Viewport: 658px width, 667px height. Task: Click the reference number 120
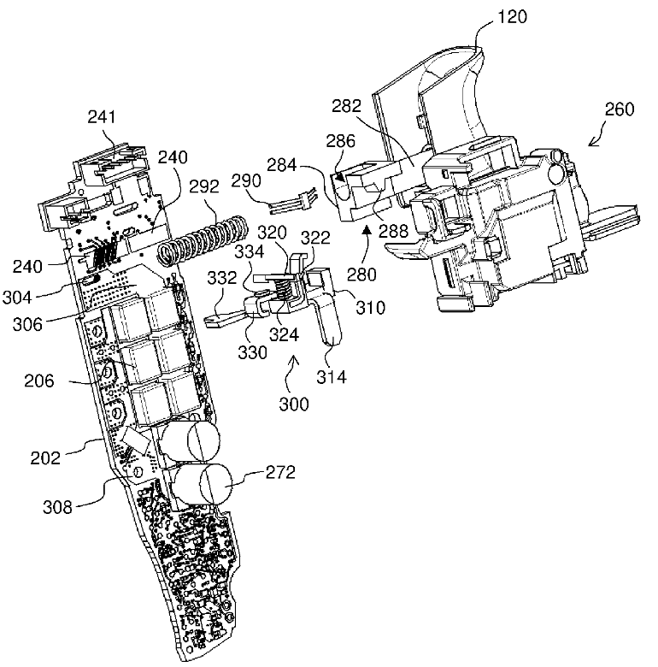click(x=512, y=16)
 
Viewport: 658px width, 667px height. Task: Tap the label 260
click(x=620, y=109)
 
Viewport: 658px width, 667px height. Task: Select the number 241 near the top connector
click(x=102, y=116)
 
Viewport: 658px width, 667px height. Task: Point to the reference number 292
click(x=204, y=186)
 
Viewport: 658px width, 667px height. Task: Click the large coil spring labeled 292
click(x=202, y=241)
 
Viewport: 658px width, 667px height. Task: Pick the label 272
click(x=280, y=472)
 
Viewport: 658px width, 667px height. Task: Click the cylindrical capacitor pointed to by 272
click(x=204, y=484)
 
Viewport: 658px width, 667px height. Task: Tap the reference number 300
click(x=294, y=404)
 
